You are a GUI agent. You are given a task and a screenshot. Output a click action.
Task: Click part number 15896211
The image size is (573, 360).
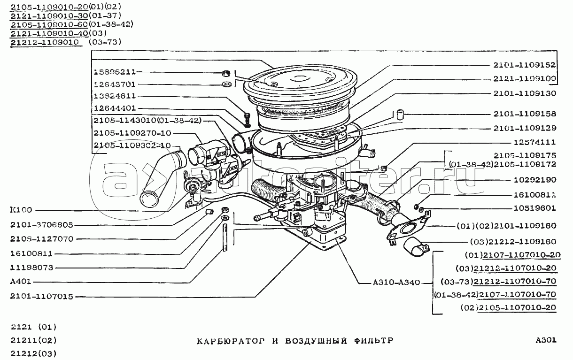(x=115, y=72)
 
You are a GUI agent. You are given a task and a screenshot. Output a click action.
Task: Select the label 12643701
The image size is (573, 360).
(x=115, y=84)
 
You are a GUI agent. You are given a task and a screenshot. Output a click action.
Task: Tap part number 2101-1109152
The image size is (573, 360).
(x=524, y=65)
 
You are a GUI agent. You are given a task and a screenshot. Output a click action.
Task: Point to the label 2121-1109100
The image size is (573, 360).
(x=524, y=78)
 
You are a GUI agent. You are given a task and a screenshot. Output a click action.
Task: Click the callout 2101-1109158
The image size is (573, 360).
(x=524, y=114)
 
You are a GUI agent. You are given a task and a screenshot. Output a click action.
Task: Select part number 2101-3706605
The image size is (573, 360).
(x=41, y=225)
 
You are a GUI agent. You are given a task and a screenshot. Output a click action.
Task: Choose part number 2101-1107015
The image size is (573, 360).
(x=41, y=297)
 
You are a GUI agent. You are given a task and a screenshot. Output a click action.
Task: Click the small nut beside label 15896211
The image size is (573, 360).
(x=225, y=73)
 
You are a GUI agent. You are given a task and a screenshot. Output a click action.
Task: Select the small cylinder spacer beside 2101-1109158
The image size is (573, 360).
(x=400, y=114)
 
